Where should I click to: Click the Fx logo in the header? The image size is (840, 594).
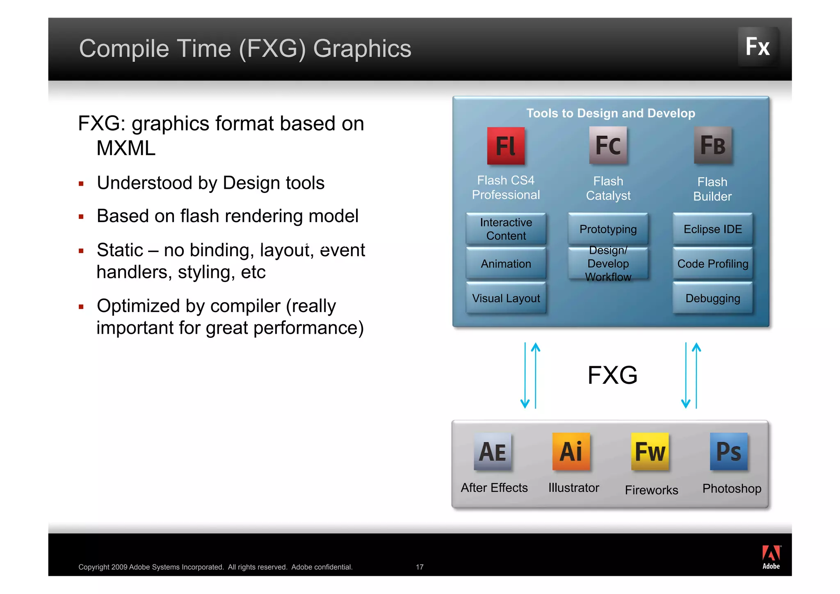[758, 46]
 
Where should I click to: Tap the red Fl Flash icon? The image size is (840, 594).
[505, 146]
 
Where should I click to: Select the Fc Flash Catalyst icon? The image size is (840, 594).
[608, 145]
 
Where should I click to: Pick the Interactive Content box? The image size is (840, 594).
[506, 229]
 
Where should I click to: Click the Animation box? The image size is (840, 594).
[506, 264]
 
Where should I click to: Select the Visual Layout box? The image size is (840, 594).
[506, 298]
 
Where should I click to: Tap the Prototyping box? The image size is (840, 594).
[608, 229]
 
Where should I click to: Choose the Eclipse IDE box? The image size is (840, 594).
[712, 229]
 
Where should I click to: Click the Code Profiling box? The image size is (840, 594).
[712, 264]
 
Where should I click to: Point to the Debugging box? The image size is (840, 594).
[712, 298]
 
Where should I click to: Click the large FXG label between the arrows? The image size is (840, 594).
[612, 375]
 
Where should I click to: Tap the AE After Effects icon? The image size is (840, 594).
[493, 451]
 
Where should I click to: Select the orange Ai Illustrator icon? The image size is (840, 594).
[571, 451]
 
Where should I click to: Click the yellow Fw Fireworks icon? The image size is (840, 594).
[650, 451]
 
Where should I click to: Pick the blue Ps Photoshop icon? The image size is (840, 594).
[728, 451]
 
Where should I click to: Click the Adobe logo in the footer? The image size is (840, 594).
[771, 557]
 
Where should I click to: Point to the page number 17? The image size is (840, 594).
[419, 567]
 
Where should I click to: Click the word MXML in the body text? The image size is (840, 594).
[126, 148]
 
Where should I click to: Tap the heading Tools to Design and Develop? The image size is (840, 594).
[610, 113]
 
